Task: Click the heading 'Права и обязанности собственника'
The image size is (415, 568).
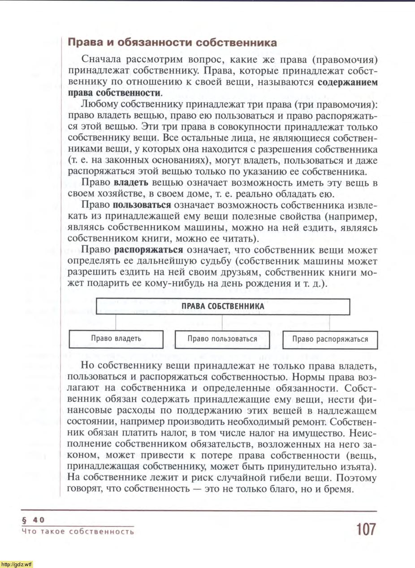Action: click(172, 43)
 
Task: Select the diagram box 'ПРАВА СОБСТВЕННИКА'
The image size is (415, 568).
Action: click(223, 307)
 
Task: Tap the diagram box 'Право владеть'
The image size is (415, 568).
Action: click(116, 339)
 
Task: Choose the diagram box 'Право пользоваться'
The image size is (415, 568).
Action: click(222, 339)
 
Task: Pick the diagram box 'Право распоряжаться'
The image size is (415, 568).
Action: click(330, 339)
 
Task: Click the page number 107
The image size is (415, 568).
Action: click(366, 529)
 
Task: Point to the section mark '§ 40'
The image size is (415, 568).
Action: click(33, 520)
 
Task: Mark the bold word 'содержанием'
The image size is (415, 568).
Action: click(347, 82)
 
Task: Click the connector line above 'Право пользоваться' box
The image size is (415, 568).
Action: click(223, 323)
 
